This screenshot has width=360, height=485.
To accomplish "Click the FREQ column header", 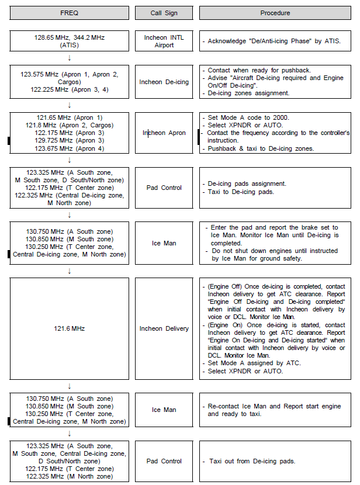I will tap(70, 13).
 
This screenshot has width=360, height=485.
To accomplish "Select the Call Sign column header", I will tap(164, 13).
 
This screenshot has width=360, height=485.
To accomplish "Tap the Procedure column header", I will tap(275, 13).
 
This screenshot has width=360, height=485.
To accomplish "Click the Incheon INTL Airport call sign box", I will tap(164, 41).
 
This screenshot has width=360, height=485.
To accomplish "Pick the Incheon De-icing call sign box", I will tap(164, 82).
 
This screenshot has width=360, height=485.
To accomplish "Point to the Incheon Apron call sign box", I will tap(164, 133).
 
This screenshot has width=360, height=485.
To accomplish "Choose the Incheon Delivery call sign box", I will tap(164, 328).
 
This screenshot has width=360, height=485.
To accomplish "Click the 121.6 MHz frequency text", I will tap(70, 328).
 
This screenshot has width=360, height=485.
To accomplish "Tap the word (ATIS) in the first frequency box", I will tap(70, 45).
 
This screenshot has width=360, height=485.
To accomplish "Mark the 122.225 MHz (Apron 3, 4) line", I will tap(70, 89).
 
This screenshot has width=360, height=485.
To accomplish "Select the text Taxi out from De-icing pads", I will tap(252, 461).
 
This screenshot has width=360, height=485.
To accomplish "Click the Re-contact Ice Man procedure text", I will tap(275, 410).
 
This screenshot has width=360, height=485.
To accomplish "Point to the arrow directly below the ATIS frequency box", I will tap(70, 57).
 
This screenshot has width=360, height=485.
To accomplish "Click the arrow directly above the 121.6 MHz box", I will tap(70, 271).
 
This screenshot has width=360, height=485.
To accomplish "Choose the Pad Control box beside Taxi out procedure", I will tap(164, 461).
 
